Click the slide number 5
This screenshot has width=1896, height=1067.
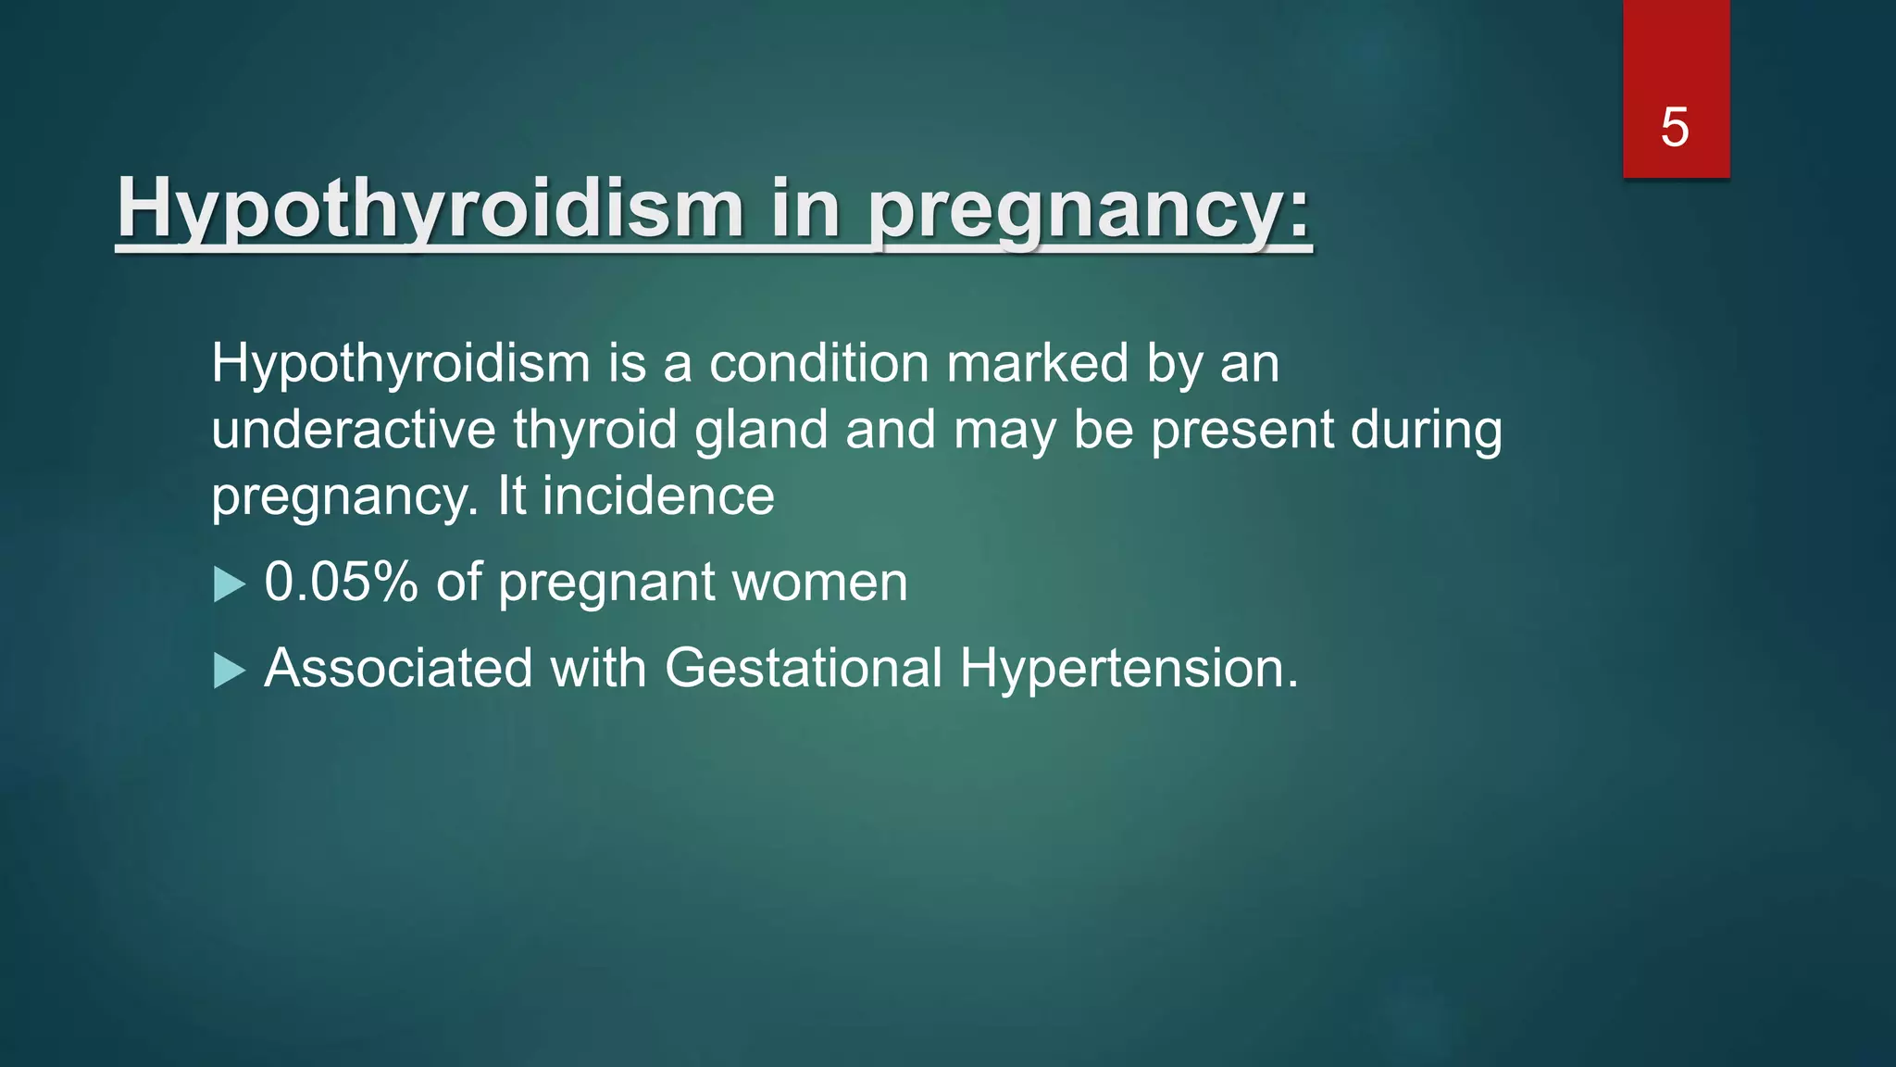tap(1674, 127)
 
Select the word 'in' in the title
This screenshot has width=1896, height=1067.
tap(805, 208)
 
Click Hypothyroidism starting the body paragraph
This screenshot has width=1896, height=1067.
tap(400, 363)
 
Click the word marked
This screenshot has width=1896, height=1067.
tap(1037, 363)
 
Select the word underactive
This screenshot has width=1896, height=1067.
tap(354, 430)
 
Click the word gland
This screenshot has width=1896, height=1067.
tap(761, 430)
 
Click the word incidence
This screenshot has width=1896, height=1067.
tap(658, 496)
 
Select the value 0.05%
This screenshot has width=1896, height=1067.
tap(341, 583)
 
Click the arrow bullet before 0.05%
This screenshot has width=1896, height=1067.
tap(229, 584)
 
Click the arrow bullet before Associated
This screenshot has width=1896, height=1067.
tap(229, 670)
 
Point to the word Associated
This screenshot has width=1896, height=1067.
tap(398, 668)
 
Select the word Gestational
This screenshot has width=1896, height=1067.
tap(803, 668)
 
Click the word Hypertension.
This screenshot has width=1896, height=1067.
tap(1129, 668)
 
